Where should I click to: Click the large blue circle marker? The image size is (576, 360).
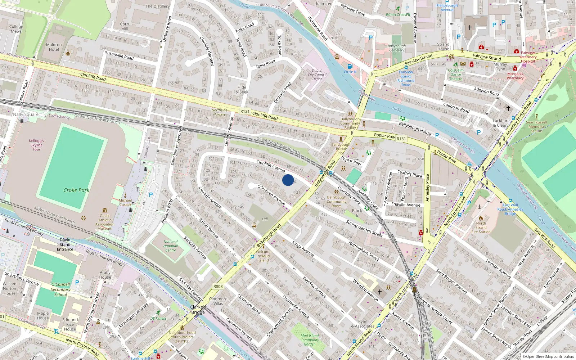288,180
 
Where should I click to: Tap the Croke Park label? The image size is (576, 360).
76,190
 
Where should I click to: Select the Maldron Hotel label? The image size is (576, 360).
54,47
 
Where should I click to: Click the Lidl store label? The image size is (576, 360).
265,219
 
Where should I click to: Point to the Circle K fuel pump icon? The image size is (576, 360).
350,67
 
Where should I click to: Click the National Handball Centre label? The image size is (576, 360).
171,246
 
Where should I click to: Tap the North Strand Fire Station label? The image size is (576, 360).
481,228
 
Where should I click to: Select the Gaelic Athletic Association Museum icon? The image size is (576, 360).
105,210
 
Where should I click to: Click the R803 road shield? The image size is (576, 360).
218,287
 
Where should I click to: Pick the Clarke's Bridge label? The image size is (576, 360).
198,310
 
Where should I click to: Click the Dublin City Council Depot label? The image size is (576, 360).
317,75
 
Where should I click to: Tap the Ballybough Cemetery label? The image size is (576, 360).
397,48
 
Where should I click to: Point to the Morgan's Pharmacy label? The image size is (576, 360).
515,76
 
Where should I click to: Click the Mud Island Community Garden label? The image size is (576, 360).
310,340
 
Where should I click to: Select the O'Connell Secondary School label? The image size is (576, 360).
60,289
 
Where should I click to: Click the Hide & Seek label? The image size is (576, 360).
242,90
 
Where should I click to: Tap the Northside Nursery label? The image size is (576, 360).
219,112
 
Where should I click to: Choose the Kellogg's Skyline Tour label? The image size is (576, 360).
37,145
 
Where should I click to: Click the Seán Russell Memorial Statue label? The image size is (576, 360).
536,126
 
